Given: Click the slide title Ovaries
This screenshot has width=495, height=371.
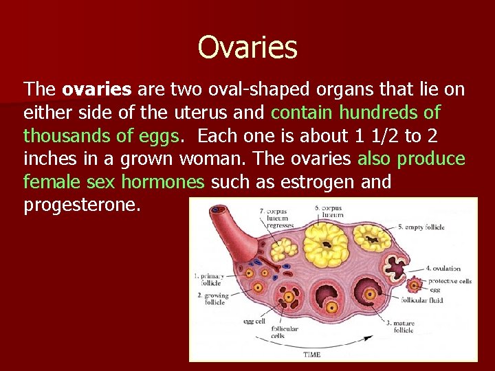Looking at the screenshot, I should click(247, 47).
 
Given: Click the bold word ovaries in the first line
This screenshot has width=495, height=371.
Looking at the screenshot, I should click(97, 89).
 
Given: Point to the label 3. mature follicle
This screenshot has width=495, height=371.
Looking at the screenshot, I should click(401, 326).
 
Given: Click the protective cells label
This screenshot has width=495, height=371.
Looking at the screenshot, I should click(450, 281).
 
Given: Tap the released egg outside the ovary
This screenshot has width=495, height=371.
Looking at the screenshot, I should click(415, 284).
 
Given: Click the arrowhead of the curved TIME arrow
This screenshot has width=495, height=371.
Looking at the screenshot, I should click(374, 336).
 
